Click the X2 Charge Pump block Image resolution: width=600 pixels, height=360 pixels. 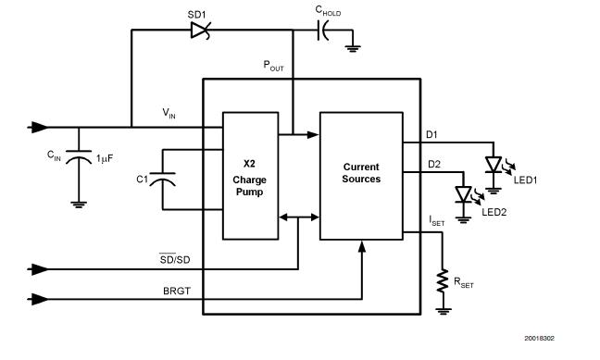pyautogui.click(x=249, y=175)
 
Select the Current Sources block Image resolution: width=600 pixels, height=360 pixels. pyautogui.click(x=361, y=175)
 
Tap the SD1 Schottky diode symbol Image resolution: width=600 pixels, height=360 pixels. pyautogui.click(x=199, y=31)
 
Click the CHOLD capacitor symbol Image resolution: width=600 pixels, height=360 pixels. pyautogui.click(x=324, y=31)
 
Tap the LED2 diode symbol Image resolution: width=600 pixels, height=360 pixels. pyautogui.click(x=462, y=194)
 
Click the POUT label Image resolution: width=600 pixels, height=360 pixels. pyautogui.click(x=275, y=66)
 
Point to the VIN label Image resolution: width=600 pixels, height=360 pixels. pyautogui.click(x=169, y=113)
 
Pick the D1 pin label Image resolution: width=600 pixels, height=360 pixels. pyautogui.click(x=432, y=134)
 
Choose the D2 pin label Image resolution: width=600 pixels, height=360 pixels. pyautogui.click(x=432, y=163)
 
